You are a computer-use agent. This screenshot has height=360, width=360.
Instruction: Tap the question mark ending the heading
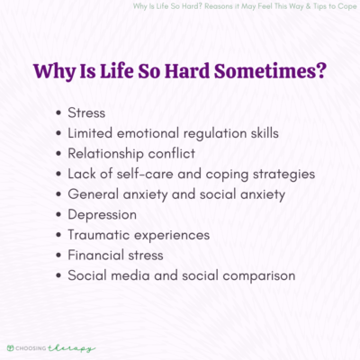click(x=319, y=69)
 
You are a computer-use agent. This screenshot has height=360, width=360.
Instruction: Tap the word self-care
click(x=149, y=174)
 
